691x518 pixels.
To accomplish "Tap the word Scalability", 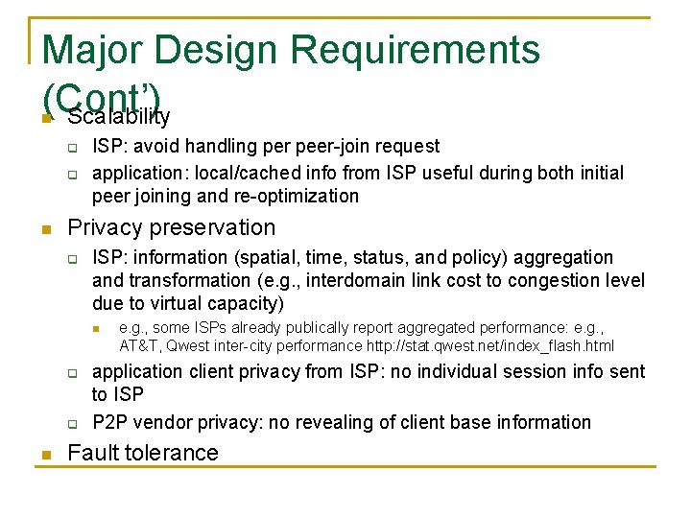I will (119, 117).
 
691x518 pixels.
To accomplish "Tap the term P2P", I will (110, 422).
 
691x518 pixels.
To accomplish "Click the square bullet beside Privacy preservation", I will (44, 229).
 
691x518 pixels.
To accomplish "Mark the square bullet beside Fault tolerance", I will (44, 455).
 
